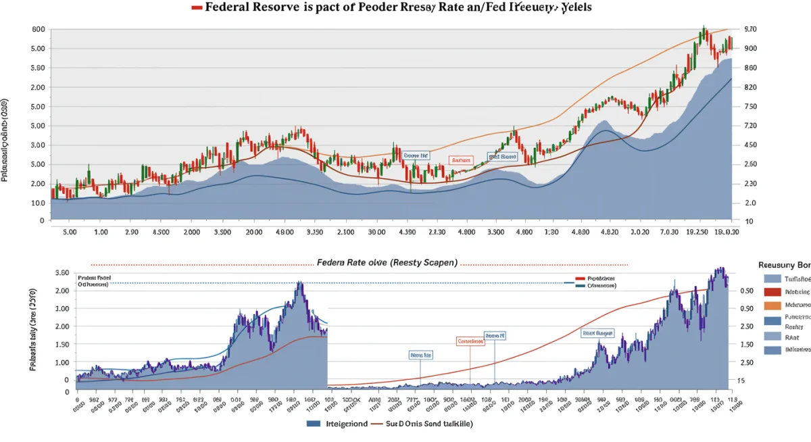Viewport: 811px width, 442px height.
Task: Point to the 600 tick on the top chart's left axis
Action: tap(39, 30)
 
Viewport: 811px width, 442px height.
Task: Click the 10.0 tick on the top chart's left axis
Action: tap(39, 203)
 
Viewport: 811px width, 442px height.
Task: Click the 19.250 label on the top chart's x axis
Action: tap(697, 232)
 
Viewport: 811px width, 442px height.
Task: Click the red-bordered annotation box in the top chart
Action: tap(460, 160)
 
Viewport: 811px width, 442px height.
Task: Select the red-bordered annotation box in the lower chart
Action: tap(470, 341)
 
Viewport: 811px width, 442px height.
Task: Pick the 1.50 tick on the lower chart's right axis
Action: tap(747, 345)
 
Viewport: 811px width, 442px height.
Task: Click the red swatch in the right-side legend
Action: tap(772, 292)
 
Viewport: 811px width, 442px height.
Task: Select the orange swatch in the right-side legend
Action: tap(772, 305)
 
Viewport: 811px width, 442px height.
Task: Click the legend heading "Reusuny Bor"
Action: tap(784, 266)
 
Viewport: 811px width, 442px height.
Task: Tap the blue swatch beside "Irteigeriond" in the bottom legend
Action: tap(313, 424)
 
